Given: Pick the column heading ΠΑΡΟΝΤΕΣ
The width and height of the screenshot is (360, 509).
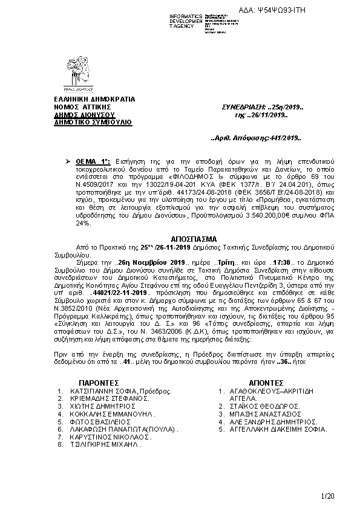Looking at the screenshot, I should (x=99, y=383).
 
